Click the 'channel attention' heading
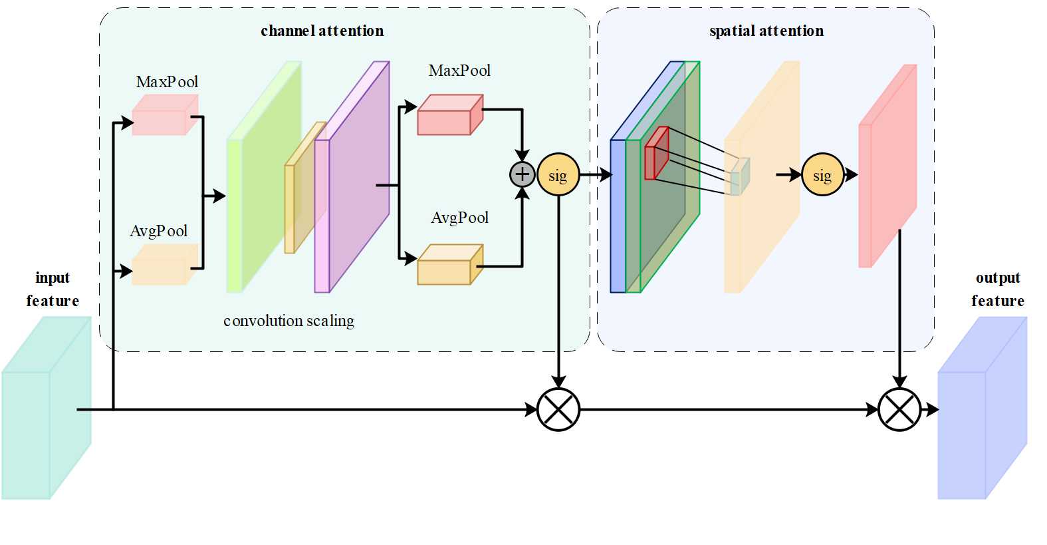point(322,31)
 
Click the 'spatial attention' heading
point(766,31)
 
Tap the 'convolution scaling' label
point(289,321)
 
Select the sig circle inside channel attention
point(558,175)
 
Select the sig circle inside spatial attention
point(822,175)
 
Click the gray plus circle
point(523,174)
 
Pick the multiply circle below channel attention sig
point(558,409)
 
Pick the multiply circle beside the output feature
point(899,409)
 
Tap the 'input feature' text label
point(53,289)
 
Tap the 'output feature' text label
point(997,289)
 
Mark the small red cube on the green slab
point(655,155)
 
